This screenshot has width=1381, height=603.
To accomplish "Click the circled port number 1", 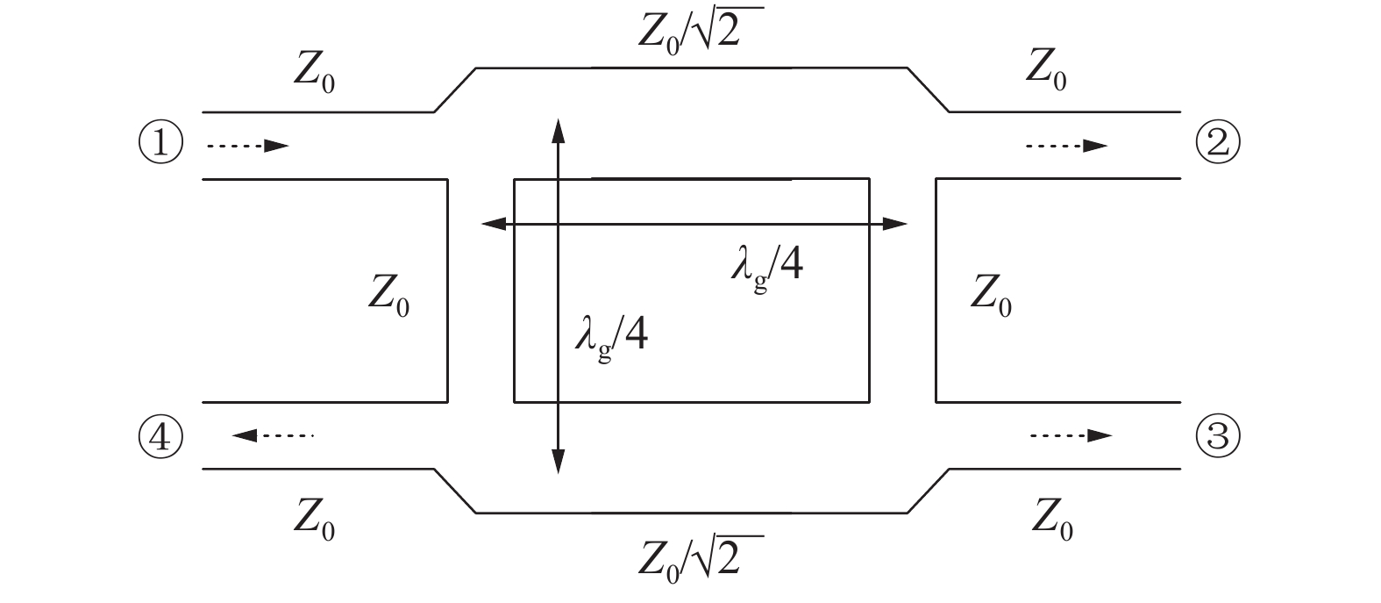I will click(160, 144).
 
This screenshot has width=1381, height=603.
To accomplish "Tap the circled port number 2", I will click(1218, 144).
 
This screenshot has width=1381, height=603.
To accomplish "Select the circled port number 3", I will click(1218, 436).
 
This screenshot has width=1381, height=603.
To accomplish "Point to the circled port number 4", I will click(160, 436).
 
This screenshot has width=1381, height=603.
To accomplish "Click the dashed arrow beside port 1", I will click(247, 146).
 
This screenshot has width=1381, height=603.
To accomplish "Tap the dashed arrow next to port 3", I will click(1071, 435).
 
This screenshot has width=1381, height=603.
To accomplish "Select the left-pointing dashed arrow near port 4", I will click(273, 434).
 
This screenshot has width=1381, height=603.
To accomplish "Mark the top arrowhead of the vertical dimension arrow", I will click(558, 130).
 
